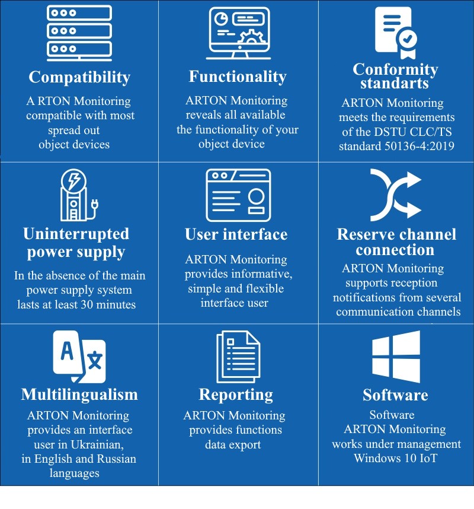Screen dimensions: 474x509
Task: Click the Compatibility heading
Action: click(x=79, y=78)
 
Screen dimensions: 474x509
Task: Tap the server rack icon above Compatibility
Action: click(x=79, y=33)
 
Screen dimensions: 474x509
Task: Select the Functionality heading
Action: click(x=238, y=77)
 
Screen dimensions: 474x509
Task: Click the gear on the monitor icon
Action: click(x=252, y=37)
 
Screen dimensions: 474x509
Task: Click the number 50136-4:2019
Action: click(x=419, y=146)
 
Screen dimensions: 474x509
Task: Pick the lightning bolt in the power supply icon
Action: click(x=73, y=180)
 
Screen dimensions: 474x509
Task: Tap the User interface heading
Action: click(x=236, y=234)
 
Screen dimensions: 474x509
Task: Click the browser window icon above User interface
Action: click(x=238, y=195)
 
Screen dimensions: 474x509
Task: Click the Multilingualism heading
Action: click(x=79, y=395)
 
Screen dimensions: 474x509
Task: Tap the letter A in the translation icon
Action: click(x=67, y=351)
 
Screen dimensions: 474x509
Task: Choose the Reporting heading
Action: click(x=236, y=395)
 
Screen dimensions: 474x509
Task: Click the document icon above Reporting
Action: click(x=238, y=357)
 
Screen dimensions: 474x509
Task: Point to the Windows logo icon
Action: click(x=396, y=357)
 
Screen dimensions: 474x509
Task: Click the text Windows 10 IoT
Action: click(x=396, y=459)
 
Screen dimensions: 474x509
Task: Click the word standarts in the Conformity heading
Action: click(x=395, y=84)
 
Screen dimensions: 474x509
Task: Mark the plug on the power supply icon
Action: click(x=95, y=204)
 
